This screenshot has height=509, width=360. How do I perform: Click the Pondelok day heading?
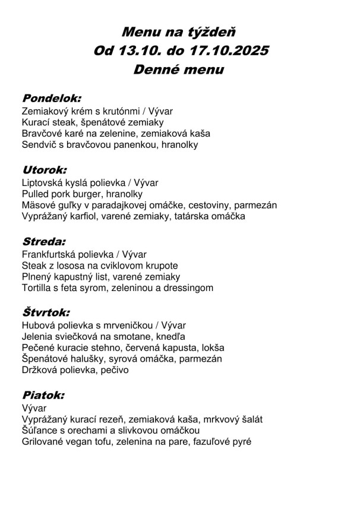click(x=51, y=97)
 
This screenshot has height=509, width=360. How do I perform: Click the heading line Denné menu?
click(x=179, y=69)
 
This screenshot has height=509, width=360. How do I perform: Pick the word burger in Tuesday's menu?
click(x=89, y=194)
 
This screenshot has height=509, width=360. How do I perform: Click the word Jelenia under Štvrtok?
click(x=37, y=337)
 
